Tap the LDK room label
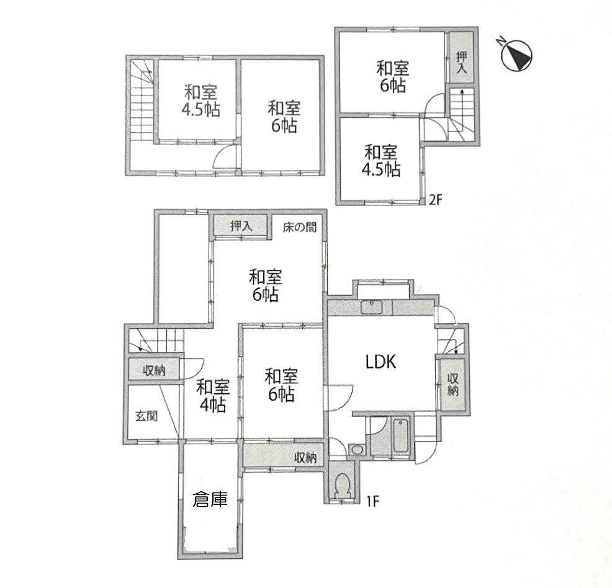[381, 362]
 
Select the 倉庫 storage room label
[210, 499]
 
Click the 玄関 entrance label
[146, 416]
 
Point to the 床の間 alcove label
[300, 227]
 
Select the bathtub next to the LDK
[401, 436]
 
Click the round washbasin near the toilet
[356, 450]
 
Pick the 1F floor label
[373, 501]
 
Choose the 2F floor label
[436, 200]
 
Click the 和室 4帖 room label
[213, 396]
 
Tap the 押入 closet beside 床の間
[240, 226]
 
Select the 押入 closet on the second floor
[461, 56]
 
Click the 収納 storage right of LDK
[452, 384]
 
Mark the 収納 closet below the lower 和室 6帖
[284, 455]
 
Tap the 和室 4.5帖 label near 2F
[381, 161]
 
